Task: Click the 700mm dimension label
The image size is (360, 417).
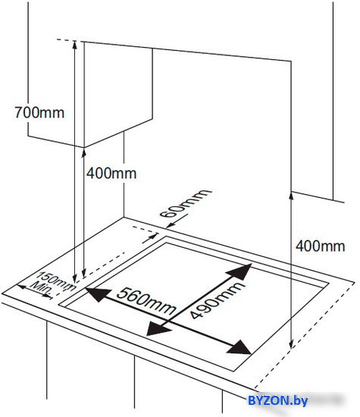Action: tap(39, 112)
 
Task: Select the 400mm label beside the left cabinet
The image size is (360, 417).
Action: tap(111, 174)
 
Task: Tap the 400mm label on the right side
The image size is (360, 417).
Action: tap(320, 246)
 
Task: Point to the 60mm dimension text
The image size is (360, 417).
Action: tap(186, 203)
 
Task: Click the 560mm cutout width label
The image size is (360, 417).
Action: tap(146, 301)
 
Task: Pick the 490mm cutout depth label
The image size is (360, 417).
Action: tap(217, 300)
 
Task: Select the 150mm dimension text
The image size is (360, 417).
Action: tap(56, 281)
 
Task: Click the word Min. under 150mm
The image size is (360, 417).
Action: tap(42, 290)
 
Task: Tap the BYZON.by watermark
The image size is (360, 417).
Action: tap(277, 400)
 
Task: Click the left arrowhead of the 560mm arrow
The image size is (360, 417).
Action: tap(97, 293)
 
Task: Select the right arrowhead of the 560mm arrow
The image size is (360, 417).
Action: tap(239, 348)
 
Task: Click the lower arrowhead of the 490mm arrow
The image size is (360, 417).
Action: tap(158, 329)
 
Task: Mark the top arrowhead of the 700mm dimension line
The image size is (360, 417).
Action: tap(75, 45)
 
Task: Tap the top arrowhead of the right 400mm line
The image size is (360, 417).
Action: tap(291, 196)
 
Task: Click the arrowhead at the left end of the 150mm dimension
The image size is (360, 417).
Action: tap(22, 287)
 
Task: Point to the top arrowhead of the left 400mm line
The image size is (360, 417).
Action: tap(84, 154)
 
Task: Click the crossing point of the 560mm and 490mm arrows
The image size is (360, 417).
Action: tap(172, 321)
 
